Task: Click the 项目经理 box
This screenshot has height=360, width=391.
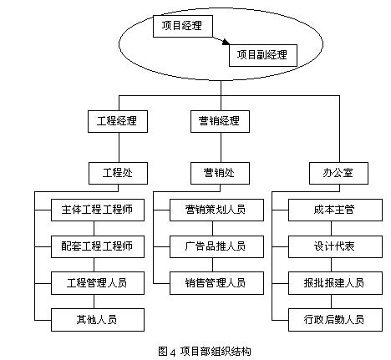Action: point(183,26)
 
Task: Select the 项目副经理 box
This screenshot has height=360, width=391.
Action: point(263,55)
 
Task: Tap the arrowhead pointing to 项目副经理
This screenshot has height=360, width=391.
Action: point(226,42)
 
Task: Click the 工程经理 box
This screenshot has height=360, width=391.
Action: point(118,121)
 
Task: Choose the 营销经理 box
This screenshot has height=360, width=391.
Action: point(220,121)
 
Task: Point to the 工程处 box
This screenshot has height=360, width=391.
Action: point(118,173)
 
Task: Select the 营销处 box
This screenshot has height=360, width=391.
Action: point(220,173)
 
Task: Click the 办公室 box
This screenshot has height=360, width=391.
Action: point(338,173)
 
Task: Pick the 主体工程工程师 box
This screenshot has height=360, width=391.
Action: point(98,210)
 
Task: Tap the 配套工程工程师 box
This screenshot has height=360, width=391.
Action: point(98,246)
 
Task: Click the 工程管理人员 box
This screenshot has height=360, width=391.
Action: point(98,283)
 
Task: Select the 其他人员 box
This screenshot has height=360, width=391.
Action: point(98,320)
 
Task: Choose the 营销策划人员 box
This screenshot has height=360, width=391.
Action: point(216,210)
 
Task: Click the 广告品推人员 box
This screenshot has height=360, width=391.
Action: point(216,246)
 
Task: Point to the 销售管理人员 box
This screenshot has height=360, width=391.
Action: point(216,283)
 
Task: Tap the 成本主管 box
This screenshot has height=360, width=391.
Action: point(335,210)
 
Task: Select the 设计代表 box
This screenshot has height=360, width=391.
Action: point(335,246)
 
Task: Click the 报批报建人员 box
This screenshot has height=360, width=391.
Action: point(335,283)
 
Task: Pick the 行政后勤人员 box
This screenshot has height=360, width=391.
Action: point(335,320)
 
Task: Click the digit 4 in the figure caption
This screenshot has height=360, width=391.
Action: point(173,352)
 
